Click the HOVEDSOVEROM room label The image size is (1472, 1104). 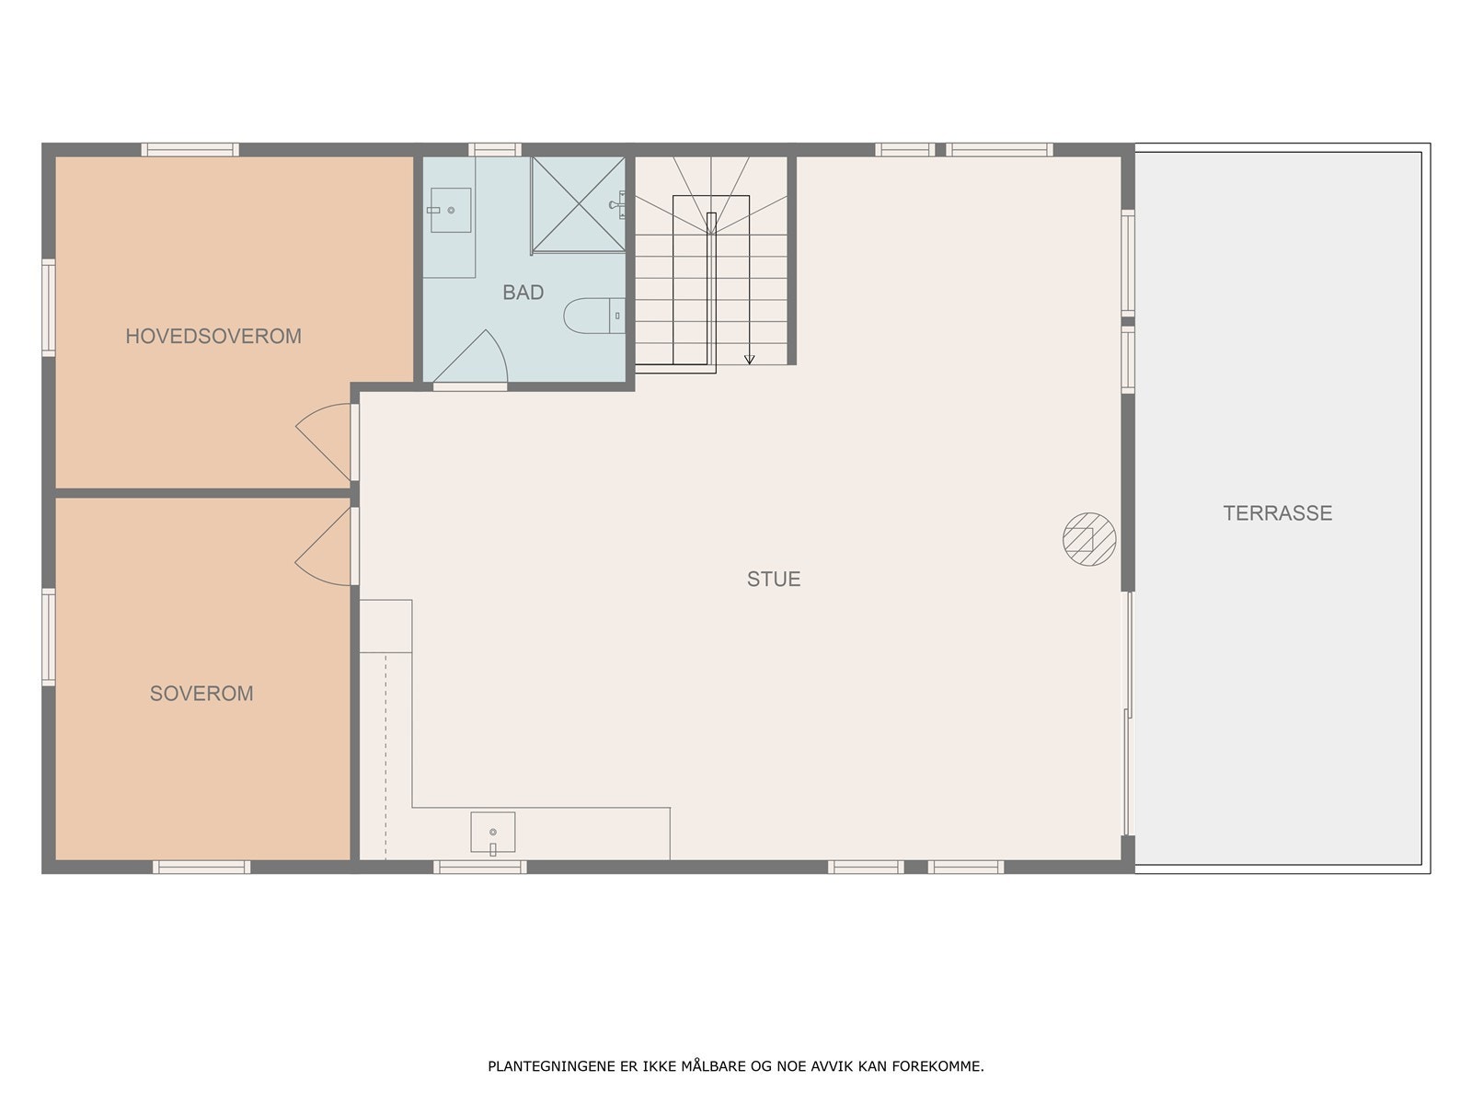tap(213, 336)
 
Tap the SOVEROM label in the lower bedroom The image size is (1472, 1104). tap(201, 693)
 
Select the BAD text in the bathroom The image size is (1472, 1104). tap(523, 293)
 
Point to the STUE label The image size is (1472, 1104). tap(774, 579)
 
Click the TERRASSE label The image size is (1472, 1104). tap(1278, 512)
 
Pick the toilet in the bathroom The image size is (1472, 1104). tap(594, 316)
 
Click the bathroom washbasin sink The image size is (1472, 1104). tap(450, 210)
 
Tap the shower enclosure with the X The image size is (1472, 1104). tap(578, 204)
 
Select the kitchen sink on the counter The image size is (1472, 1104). tap(493, 832)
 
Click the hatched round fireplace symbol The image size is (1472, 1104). tap(1089, 539)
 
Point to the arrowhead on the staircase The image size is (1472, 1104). tap(749, 360)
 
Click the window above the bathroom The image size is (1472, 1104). tap(494, 149)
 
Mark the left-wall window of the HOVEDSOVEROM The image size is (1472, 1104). tap(48, 307)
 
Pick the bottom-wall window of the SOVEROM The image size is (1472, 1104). tap(201, 867)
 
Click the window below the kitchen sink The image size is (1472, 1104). tap(479, 867)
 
